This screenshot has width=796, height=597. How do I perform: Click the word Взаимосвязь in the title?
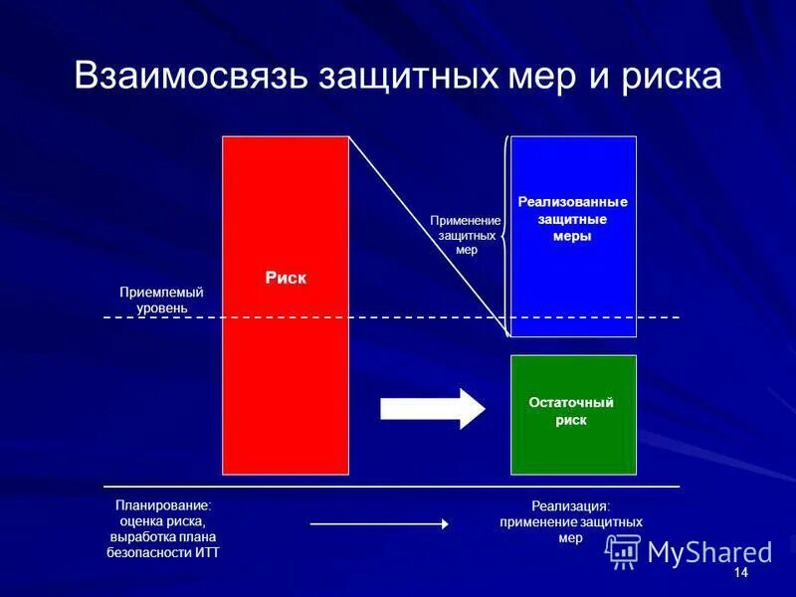click(189, 78)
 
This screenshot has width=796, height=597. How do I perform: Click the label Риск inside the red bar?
click(286, 279)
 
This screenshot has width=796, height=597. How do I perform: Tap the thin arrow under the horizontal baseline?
click(379, 523)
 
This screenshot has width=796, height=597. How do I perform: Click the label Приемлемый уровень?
click(161, 300)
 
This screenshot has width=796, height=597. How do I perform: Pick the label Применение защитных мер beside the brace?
click(465, 236)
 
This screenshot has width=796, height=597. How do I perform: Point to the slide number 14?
click(739, 574)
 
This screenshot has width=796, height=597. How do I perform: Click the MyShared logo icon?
click(623, 550)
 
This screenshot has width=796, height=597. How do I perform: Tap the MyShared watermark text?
click(709, 552)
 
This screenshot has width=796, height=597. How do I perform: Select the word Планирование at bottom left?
click(163, 505)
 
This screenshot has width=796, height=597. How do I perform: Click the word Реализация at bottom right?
click(570, 506)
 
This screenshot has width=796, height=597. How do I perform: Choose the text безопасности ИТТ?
click(163, 552)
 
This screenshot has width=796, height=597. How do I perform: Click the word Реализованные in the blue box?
click(573, 202)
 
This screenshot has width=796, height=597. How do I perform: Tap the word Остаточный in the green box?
click(571, 402)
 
